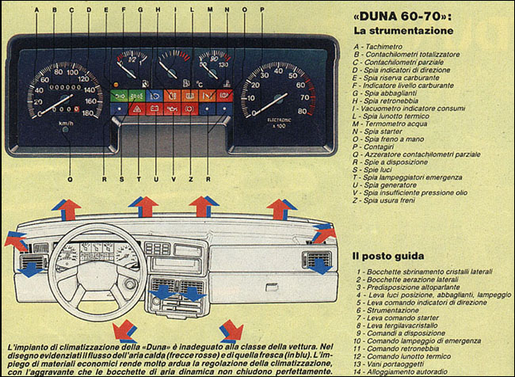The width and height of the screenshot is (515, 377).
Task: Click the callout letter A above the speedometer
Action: click(x=36, y=10)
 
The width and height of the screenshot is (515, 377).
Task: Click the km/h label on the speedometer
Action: click(x=67, y=124)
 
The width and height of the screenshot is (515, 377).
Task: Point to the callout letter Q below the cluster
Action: click(x=71, y=179)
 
